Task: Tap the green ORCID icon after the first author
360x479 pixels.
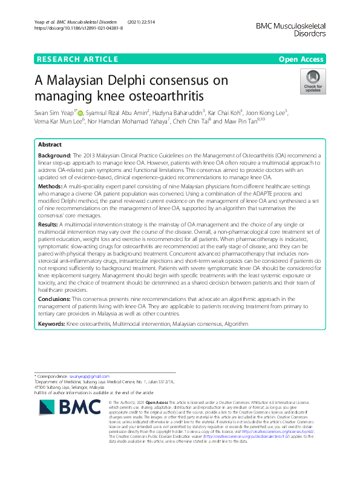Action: [x=79, y=112]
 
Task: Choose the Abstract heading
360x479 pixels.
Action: [x=50, y=145]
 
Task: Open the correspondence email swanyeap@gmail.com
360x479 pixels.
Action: [x=82, y=376]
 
